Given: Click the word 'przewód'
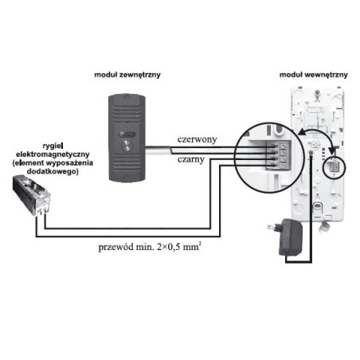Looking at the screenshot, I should [114, 246].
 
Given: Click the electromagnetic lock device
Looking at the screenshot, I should [33, 196].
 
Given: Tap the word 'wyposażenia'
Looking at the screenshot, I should [58, 162].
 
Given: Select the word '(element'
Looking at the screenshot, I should [18, 162].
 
